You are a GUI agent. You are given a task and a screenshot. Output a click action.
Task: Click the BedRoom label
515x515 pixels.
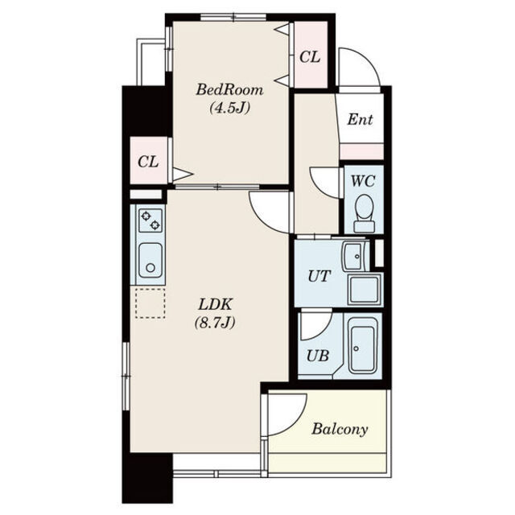coord(229,89)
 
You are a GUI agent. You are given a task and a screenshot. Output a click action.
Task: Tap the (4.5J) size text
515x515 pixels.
coord(229,107)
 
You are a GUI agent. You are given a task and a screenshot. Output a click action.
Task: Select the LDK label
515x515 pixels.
coord(215,304)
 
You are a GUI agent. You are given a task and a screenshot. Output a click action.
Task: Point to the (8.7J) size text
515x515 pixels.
coord(215,323)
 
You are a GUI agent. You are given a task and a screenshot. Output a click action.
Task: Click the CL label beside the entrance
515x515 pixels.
coord(310,57)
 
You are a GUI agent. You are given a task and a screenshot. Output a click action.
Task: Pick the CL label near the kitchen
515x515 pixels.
coord(148,162)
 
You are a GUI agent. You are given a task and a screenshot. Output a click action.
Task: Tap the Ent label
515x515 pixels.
coord(360,120)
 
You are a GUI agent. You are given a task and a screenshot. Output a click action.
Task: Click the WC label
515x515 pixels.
coord(363,181)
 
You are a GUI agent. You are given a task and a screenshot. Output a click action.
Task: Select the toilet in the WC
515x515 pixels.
coord(364,213)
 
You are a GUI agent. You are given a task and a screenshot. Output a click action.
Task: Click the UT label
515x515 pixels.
coord(319,276)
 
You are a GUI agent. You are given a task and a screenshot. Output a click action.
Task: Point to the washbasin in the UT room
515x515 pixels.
coord(356,256)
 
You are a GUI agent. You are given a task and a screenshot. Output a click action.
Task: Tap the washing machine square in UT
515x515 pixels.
coord(365,290)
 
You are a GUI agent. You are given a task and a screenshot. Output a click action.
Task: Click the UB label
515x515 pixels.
coord(318,356)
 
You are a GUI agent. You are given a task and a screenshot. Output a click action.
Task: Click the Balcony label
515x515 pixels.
coord(340,429)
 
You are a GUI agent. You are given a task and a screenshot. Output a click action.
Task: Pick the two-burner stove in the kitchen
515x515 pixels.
coord(150,220)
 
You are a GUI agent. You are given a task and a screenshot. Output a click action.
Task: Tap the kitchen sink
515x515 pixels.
coord(150,260)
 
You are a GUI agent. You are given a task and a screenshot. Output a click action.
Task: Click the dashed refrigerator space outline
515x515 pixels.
coord(150,303)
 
